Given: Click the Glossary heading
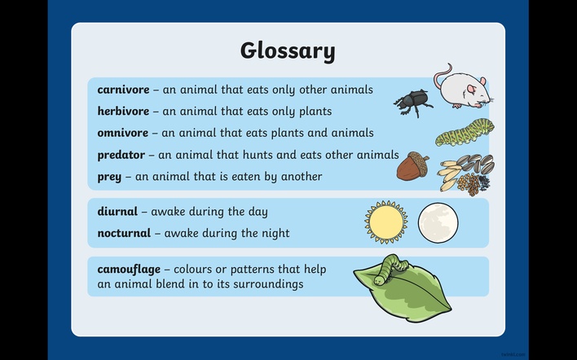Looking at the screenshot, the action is [x=288, y=51].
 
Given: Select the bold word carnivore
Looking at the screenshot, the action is [x=123, y=90].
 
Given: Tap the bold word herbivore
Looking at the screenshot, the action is [x=123, y=111].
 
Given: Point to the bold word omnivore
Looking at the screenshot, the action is [x=123, y=133].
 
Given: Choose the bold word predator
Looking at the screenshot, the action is [x=121, y=155].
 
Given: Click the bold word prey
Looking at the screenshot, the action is [x=109, y=178].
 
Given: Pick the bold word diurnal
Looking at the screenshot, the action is [x=117, y=212].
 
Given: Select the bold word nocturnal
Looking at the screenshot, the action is [x=124, y=233].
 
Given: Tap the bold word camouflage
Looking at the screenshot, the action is [x=129, y=270].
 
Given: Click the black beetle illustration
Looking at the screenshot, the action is [x=413, y=103].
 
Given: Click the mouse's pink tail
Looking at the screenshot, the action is [x=442, y=75].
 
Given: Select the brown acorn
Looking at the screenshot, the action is [x=413, y=166].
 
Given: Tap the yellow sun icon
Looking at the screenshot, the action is [x=386, y=222].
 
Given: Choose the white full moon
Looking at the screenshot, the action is [x=438, y=223].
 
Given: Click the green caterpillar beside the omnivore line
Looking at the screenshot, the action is [x=465, y=133].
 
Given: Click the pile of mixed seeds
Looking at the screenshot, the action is [x=467, y=174].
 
